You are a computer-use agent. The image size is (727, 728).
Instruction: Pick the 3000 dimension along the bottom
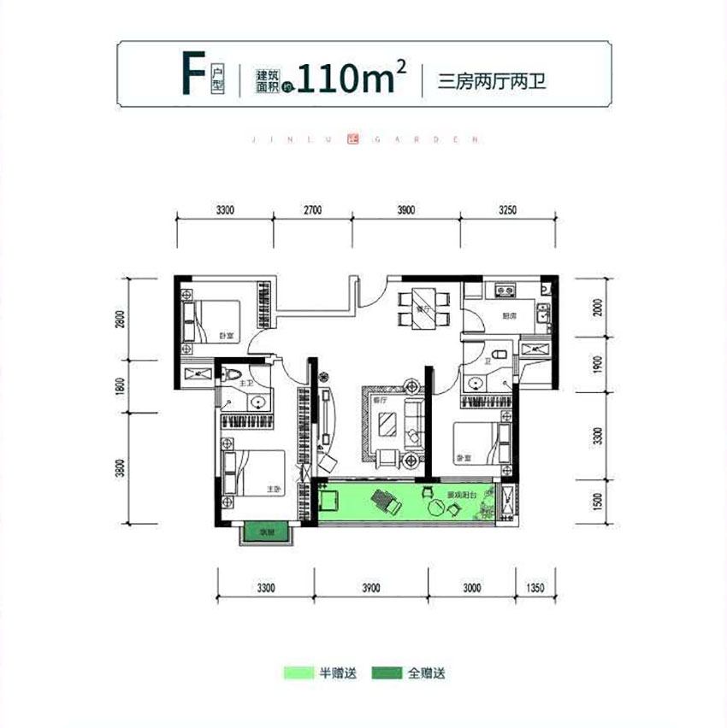pos(471,587)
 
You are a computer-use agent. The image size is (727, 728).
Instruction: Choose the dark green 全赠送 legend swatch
pos(387,673)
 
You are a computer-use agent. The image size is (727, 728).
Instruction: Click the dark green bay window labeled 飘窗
pos(266,531)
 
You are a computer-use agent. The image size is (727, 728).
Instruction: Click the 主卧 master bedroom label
pos(273,490)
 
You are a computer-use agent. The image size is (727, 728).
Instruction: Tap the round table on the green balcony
pos(438,508)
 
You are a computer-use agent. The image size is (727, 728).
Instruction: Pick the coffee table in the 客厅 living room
pos(389,423)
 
